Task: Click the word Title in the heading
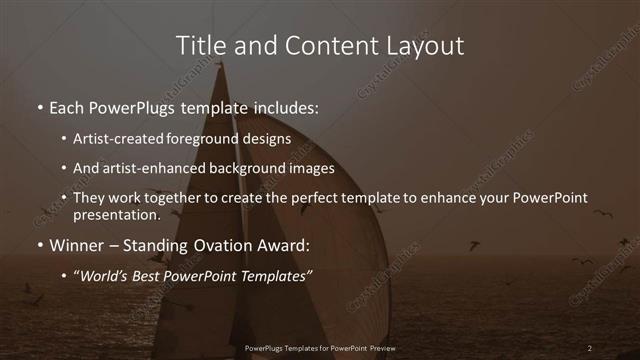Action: [198, 45]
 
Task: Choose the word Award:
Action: [281, 244]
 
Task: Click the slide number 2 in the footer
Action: [590, 347]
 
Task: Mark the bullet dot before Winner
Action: [39, 245]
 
